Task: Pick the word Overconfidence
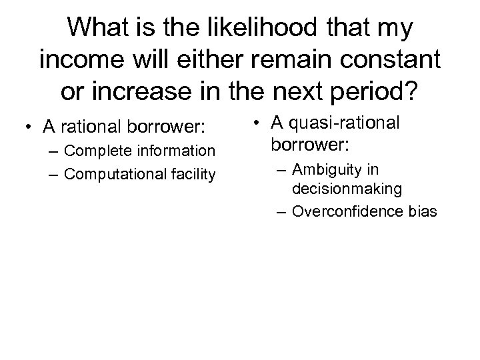point(345,213)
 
